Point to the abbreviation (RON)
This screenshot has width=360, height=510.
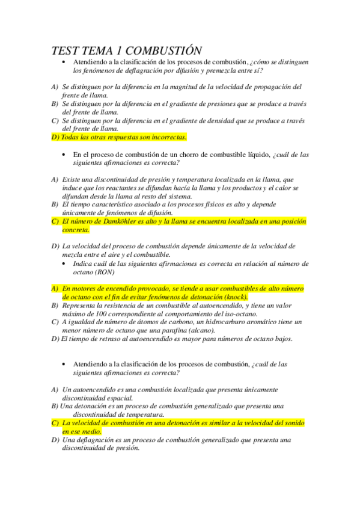coord(107,272)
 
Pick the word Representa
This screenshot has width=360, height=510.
coord(82,306)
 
